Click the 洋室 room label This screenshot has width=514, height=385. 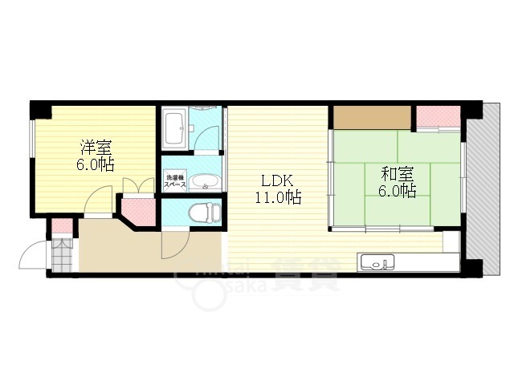coord(96,148)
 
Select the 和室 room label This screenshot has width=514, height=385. coord(397,172)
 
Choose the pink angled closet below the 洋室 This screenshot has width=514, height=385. coord(137,210)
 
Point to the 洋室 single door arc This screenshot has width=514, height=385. coord(99,200)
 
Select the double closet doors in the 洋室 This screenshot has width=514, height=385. coord(139,186)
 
